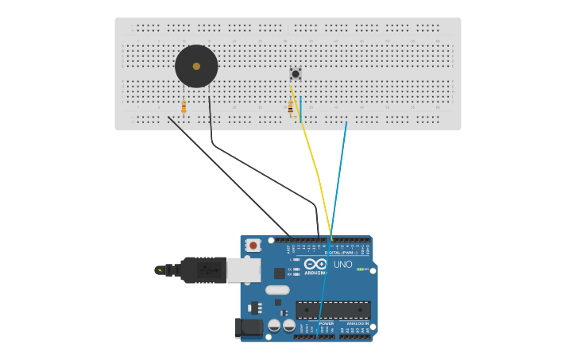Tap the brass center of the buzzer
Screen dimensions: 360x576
tap(196, 66)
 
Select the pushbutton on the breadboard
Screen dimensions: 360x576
tap(295, 74)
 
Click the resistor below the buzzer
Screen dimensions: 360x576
tap(184, 106)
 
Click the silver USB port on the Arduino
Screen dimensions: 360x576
tap(243, 270)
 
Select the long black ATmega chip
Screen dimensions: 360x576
tap(333, 309)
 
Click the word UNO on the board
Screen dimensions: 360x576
tap(342, 265)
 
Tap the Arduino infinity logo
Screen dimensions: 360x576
tap(315, 265)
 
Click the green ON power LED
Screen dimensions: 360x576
tap(361, 269)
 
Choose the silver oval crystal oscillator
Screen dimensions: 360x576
tap(276, 290)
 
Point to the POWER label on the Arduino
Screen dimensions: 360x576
tap(326, 323)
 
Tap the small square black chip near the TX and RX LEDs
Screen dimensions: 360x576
tap(279, 273)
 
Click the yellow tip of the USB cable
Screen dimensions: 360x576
tap(160, 270)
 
